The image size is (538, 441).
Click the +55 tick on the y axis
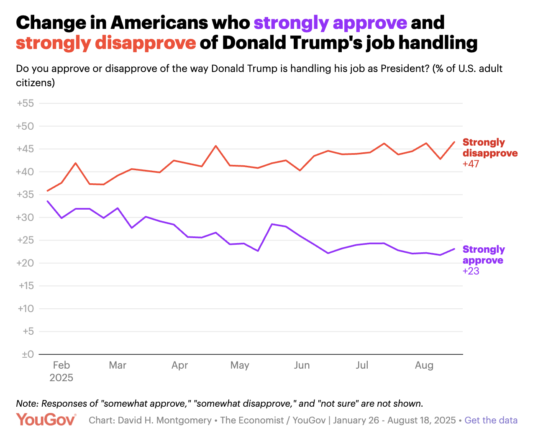point(25,103)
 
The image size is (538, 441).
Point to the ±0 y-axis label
point(28,354)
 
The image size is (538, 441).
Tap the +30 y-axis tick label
point(25,218)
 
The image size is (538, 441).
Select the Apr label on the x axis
point(179,365)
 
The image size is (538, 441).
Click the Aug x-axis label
point(424,365)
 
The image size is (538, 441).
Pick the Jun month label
point(302,365)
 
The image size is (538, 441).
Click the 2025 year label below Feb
point(61,378)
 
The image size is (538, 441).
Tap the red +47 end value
point(471,164)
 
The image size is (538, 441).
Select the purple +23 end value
point(471,271)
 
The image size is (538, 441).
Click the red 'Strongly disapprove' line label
point(490,148)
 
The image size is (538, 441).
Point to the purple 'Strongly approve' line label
point(484,255)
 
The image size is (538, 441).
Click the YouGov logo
point(46,420)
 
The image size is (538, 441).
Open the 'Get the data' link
point(491,420)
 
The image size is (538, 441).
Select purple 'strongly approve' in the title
point(330,23)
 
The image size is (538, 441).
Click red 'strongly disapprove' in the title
point(106,43)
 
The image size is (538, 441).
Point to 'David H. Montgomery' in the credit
point(164,420)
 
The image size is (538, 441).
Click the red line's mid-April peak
point(215,146)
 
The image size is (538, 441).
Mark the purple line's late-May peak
point(272,224)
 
